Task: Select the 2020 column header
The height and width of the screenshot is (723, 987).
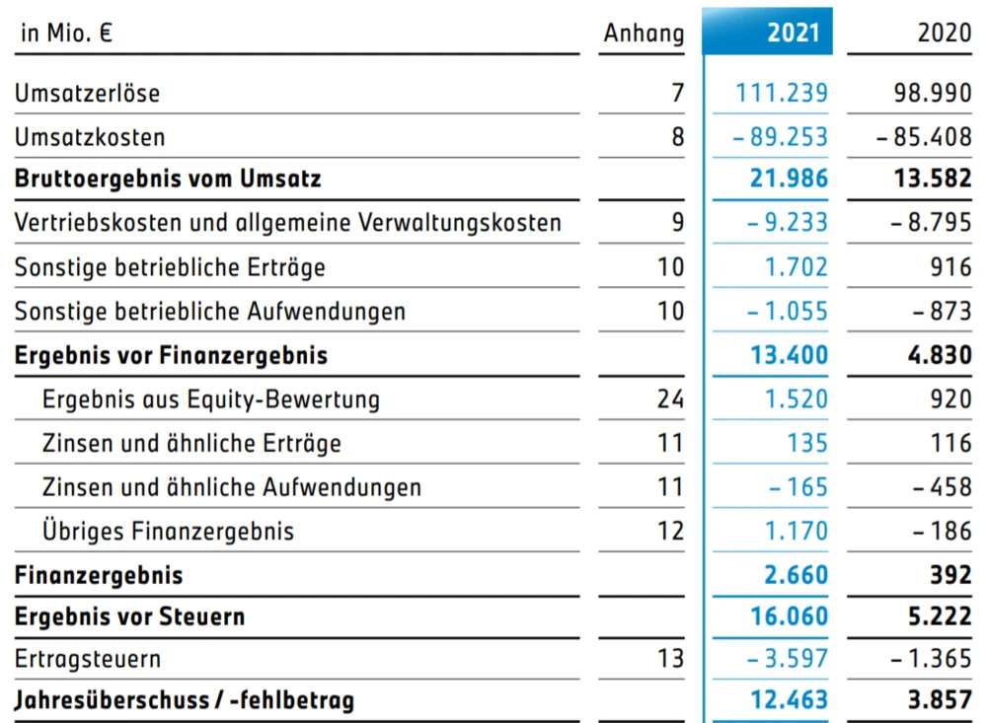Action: click(944, 32)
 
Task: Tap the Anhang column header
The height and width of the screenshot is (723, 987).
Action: click(644, 33)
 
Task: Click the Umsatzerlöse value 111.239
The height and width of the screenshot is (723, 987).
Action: click(782, 94)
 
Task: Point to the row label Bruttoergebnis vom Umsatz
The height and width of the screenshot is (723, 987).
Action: click(168, 180)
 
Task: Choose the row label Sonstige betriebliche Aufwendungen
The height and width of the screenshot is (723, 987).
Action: click(209, 312)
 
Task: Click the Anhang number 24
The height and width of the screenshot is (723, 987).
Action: click(669, 399)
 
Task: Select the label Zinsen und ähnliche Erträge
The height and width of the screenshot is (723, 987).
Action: click(191, 443)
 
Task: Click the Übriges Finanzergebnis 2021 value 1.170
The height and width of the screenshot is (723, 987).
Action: click(796, 531)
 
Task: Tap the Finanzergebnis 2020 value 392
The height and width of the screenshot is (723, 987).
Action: click(949, 574)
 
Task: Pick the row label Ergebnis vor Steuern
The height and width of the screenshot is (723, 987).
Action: click(129, 616)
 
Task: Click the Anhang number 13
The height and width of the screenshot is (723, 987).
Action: click(670, 658)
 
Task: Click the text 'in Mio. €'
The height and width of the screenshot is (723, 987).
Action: click(66, 32)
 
